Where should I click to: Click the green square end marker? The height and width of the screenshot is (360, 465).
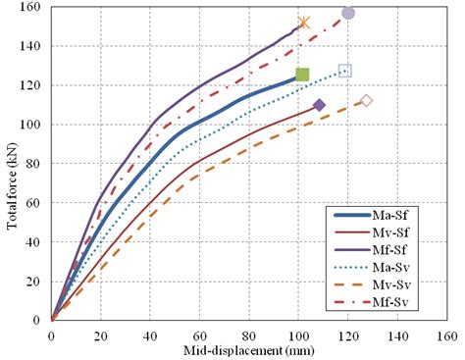(x=302, y=75)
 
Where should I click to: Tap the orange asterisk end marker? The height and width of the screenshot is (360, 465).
(x=304, y=23)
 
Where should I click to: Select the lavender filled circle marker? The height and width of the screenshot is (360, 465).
(x=348, y=13)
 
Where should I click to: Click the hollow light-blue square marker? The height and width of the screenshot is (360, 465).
(x=345, y=71)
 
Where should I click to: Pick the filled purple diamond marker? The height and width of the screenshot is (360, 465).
(x=319, y=105)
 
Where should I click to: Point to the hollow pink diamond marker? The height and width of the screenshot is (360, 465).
(x=367, y=101)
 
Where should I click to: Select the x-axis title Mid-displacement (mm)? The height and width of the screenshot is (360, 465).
(x=248, y=350)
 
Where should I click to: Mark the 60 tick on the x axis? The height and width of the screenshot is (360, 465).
(x=199, y=334)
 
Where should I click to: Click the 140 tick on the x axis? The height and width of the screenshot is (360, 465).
(x=396, y=334)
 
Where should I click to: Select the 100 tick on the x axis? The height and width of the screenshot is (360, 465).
(x=298, y=334)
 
